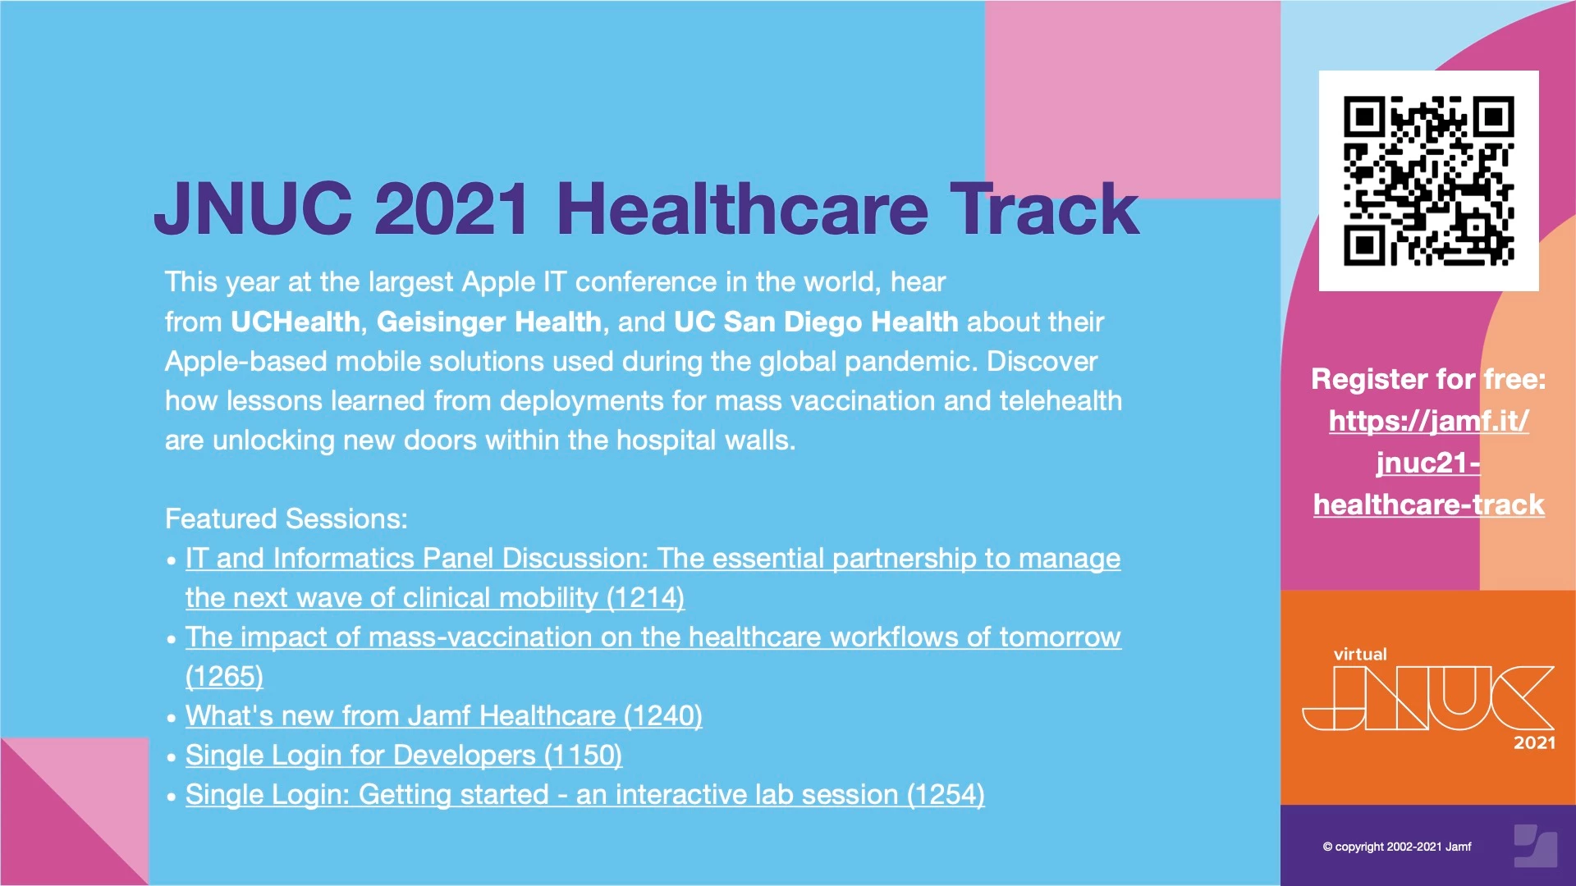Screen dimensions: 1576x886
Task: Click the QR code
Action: (x=1428, y=180)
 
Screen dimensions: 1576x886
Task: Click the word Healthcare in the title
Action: (x=742, y=208)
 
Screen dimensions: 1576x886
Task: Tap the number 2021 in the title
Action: (x=451, y=208)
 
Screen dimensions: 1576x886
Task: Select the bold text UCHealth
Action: (x=295, y=322)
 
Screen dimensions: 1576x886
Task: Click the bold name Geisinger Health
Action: (x=489, y=322)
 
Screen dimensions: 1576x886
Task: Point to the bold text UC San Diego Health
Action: (x=816, y=322)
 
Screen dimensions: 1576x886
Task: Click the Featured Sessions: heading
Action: (x=286, y=518)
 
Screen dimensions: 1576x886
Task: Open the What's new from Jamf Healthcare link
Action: (x=444, y=715)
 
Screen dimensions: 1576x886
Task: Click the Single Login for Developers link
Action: (x=404, y=755)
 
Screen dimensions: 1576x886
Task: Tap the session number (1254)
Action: (x=946, y=794)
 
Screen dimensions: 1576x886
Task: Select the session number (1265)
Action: (x=224, y=676)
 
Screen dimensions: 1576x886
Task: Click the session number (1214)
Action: (x=645, y=597)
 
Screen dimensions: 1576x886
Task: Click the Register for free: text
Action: (x=1428, y=379)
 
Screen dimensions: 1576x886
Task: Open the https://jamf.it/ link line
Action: (x=1428, y=421)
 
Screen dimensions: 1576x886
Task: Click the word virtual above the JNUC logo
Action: (x=1360, y=654)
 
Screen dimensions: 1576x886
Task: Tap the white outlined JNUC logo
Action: (x=1428, y=697)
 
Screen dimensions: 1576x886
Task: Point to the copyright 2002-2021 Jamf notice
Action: (x=1397, y=847)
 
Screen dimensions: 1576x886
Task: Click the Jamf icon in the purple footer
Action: (x=1535, y=846)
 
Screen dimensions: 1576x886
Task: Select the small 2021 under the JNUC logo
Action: (x=1534, y=742)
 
